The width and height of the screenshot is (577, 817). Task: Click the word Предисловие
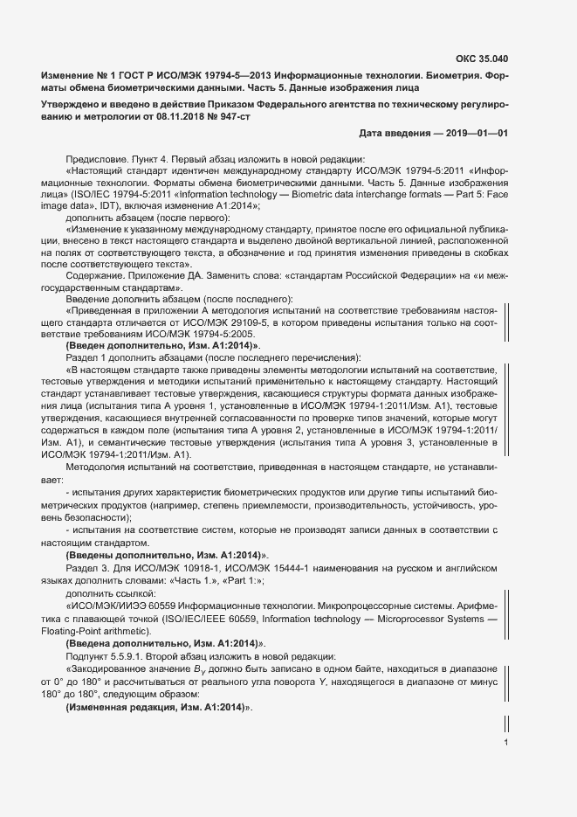click(93, 158)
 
